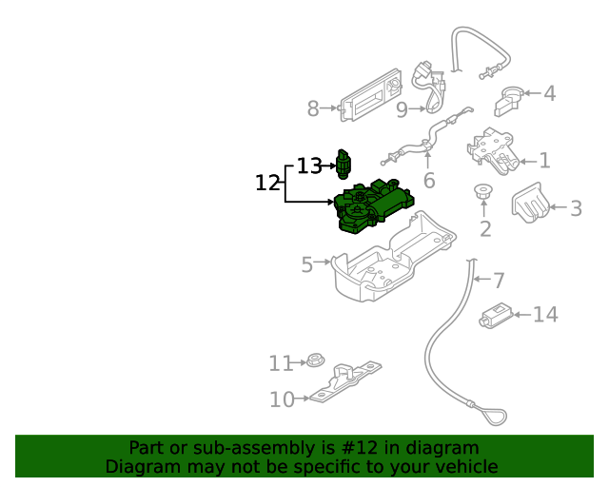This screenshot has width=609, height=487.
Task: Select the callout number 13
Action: (x=309, y=166)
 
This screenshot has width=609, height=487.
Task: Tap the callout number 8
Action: (x=313, y=109)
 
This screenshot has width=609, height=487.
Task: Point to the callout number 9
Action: (x=402, y=110)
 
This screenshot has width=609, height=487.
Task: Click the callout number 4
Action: (x=549, y=93)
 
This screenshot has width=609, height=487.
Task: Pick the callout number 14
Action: (x=545, y=315)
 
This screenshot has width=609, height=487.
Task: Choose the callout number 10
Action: (x=282, y=399)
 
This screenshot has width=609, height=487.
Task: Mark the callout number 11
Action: (x=280, y=363)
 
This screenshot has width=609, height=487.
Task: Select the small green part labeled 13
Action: (x=344, y=164)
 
